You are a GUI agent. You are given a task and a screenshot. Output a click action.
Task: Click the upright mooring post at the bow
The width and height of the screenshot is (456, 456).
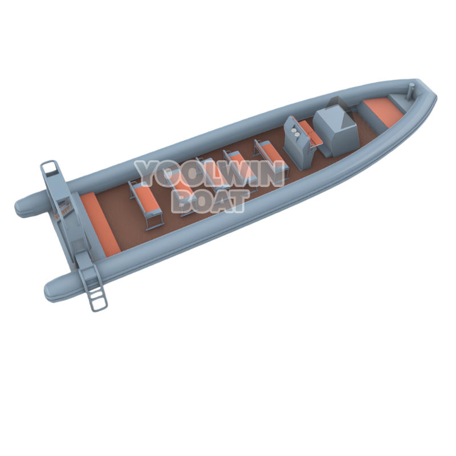pos(412,89)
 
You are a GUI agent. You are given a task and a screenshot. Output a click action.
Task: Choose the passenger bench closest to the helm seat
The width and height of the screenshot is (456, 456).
pos(270,155)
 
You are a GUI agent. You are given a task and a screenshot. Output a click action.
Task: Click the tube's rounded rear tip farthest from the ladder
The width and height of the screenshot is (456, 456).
pos(23,207)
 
